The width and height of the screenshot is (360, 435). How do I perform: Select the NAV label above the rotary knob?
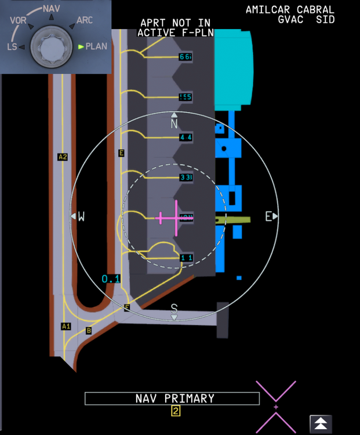(x=52, y=9)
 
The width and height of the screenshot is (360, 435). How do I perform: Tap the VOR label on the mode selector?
(x=18, y=20)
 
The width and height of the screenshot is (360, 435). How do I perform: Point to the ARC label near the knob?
(x=85, y=21)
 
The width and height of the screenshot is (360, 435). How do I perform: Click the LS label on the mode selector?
(x=12, y=47)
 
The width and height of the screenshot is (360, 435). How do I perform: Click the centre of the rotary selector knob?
(x=52, y=46)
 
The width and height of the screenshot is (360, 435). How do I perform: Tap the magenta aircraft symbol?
(x=175, y=217)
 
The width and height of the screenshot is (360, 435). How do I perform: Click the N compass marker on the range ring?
(x=174, y=124)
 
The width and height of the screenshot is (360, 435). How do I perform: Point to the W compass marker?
(x=81, y=216)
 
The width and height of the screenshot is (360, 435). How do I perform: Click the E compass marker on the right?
(x=268, y=216)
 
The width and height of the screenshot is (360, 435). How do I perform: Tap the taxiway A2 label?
(x=63, y=157)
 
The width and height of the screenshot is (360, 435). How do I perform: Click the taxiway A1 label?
(x=66, y=326)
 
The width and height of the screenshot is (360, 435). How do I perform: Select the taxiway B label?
(x=89, y=331)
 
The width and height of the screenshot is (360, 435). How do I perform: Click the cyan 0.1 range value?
(x=111, y=279)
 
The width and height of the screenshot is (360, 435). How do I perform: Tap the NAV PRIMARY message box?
(x=172, y=398)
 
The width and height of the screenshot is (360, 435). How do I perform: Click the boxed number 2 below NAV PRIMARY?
(x=175, y=411)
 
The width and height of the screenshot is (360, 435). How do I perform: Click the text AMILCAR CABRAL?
(x=290, y=9)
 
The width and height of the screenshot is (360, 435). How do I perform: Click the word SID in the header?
(x=325, y=19)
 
